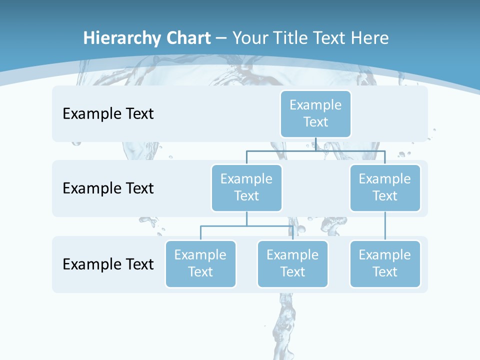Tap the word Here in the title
pos(370,38)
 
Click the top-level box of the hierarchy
pos(315,113)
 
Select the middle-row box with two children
pos(246,187)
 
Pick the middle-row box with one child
pos(385,187)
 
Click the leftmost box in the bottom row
pos(200,263)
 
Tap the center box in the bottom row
pos(292,263)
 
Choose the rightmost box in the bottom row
pos(385,263)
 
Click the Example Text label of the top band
pos(108,113)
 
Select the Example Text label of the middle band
pos(108,188)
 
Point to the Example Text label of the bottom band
pos(108,264)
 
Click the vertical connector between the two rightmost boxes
pos(385,226)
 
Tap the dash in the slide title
pos(220,38)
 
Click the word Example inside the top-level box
pos(315,105)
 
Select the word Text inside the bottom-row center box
pos(292,272)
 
